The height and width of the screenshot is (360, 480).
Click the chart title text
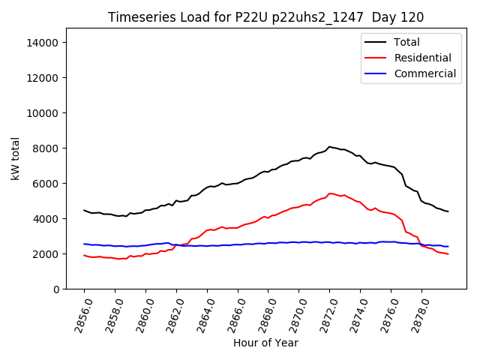265,17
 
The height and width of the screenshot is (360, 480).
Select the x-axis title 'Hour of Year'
265,343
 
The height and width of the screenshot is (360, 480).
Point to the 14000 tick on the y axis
43,43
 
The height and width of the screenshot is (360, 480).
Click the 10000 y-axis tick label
43,113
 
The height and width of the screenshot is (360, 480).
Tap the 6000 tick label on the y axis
46,184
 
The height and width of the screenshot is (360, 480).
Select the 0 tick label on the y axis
56,289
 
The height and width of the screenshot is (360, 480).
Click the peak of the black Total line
329,147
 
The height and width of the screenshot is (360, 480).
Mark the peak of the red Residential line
330,193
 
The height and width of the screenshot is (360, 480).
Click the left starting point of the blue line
84,244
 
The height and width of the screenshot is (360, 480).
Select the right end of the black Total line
448,211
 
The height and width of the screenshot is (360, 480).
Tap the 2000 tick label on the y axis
46,254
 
